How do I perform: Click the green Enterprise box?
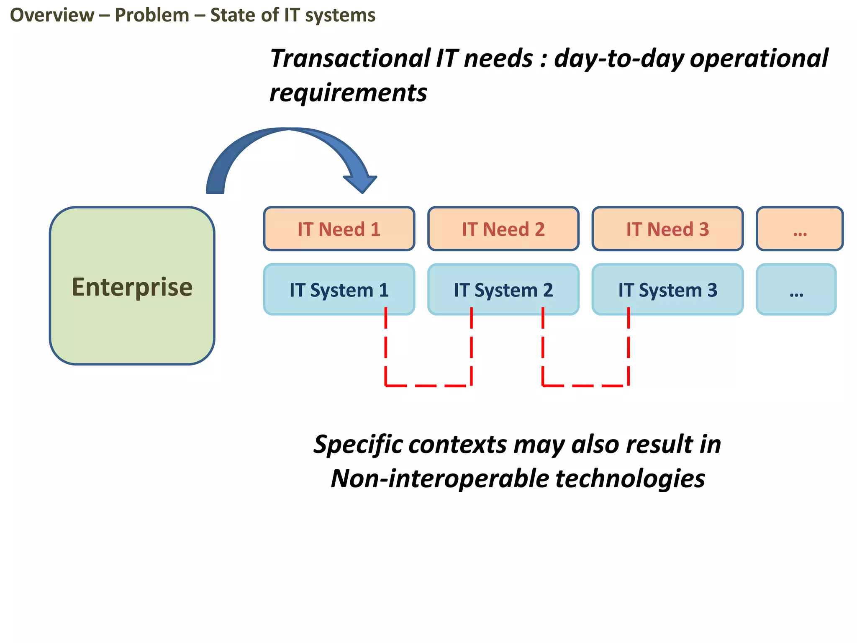(x=132, y=286)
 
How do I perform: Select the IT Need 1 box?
(x=339, y=229)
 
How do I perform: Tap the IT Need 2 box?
(x=503, y=229)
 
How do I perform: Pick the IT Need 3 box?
(x=667, y=229)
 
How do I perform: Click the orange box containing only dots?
(x=800, y=229)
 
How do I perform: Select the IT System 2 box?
(x=503, y=290)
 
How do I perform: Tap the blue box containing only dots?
(x=796, y=290)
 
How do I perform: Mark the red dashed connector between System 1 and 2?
(x=428, y=385)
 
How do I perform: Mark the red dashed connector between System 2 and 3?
(x=585, y=385)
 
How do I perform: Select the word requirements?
(x=348, y=93)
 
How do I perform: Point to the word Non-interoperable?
(x=439, y=478)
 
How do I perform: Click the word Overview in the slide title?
(x=52, y=15)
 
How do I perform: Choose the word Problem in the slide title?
(x=152, y=15)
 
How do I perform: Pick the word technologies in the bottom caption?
(x=630, y=478)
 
